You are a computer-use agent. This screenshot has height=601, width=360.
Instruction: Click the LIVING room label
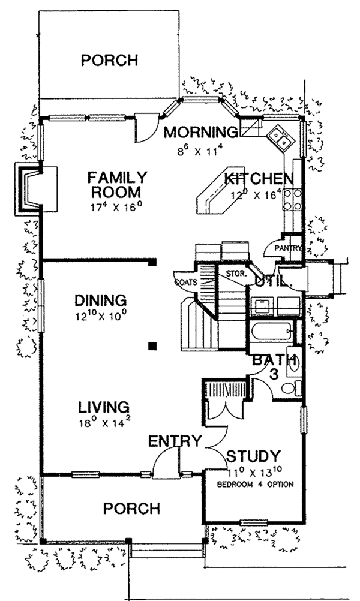coord(103,407)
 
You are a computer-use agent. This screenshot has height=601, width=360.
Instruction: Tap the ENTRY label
coord(175,442)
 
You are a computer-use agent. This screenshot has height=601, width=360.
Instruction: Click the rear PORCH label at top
coord(110,61)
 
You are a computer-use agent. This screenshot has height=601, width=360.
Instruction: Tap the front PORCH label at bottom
coord(131,509)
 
